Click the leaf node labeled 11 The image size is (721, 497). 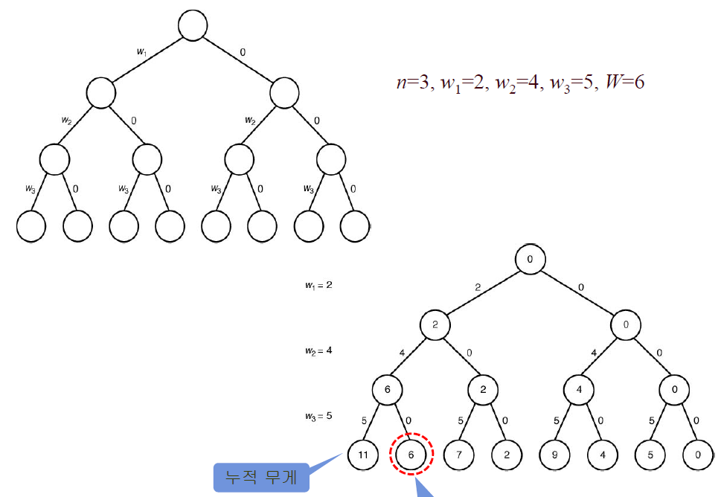[x=363, y=454]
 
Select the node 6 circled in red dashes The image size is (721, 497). [x=411, y=454]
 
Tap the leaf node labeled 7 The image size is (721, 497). [x=459, y=454]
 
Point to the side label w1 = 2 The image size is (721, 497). [x=318, y=284]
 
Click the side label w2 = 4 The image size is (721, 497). [x=318, y=350]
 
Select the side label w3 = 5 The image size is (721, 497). [x=318, y=415]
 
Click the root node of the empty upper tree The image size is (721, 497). [x=192, y=26]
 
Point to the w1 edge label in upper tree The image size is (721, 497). [x=141, y=52]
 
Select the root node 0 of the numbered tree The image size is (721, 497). [x=531, y=260]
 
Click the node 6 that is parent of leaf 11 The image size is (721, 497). [x=388, y=389]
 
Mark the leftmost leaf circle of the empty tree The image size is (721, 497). [x=31, y=226]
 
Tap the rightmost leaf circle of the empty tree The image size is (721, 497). [x=355, y=226]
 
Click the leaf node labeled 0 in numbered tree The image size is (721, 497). [x=698, y=454]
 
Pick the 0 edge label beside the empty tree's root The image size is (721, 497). [x=243, y=52]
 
